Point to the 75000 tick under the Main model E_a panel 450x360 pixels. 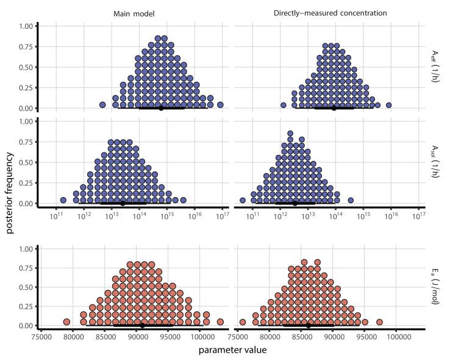pyautogui.click(x=41, y=335)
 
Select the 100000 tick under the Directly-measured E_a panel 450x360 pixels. pyautogui.click(x=398, y=335)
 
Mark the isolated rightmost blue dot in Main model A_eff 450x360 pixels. pyautogui.click(x=220, y=105)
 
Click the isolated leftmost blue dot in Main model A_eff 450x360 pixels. pyautogui.click(x=102, y=105)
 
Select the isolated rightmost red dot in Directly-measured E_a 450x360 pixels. pyautogui.click(x=379, y=322)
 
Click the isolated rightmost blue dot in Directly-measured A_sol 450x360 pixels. pyautogui.click(x=351, y=200)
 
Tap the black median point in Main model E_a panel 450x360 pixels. pyautogui.click(x=143, y=326)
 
